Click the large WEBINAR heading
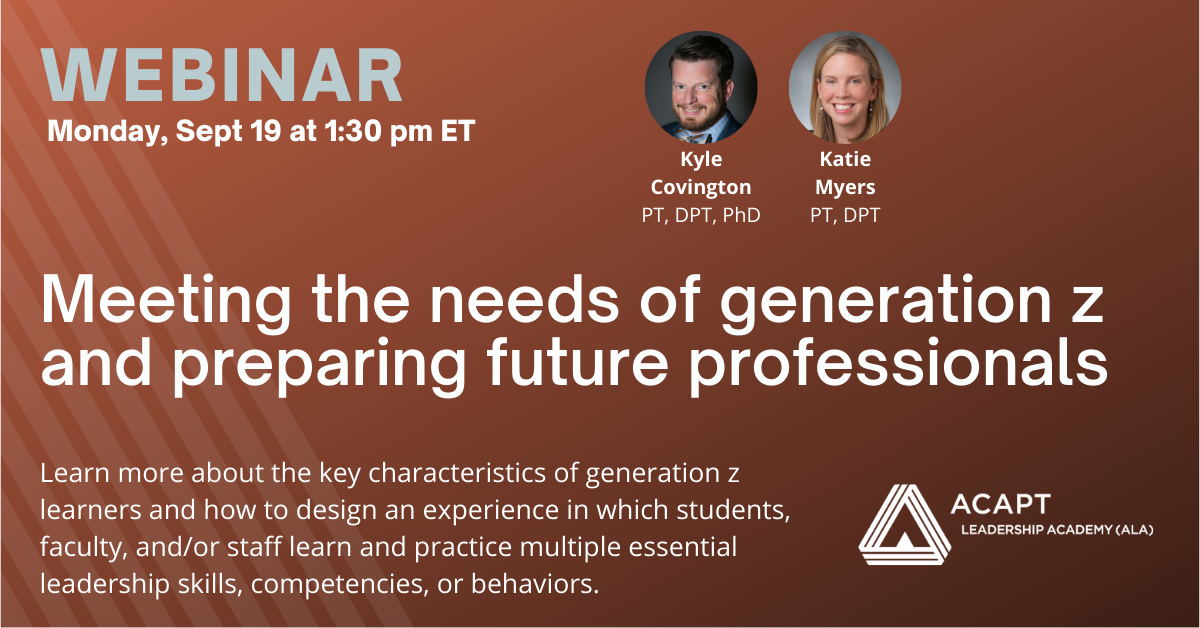[x=222, y=75]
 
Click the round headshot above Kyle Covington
[x=701, y=87]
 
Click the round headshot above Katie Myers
[x=845, y=87]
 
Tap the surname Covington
[x=701, y=188]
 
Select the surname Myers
[x=845, y=188]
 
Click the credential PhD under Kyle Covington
[x=741, y=215]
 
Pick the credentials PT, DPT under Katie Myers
[x=845, y=215]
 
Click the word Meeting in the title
[x=166, y=301]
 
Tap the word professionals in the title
[x=898, y=365]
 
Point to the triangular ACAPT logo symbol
[x=904, y=525]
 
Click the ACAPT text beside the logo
[x=1000, y=504]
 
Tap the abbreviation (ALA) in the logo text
[x=1134, y=530]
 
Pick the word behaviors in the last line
[x=535, y=584]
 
